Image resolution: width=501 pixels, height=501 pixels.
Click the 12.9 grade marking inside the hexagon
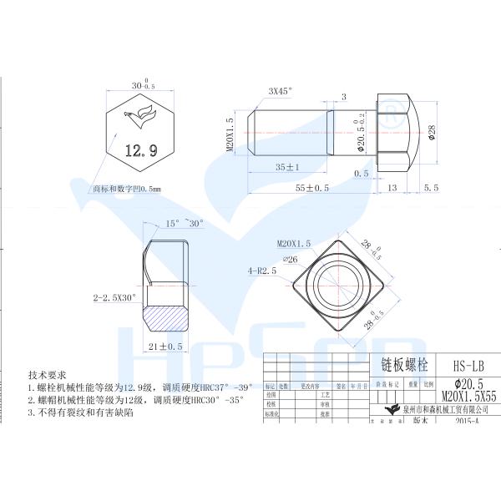[140, 151]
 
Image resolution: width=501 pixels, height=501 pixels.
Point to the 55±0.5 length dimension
[312, 188]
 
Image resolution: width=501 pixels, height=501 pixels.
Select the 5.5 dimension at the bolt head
[431, 188]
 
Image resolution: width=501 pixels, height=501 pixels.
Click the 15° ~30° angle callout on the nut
[183, 224]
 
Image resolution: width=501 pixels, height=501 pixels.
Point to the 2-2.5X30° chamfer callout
[114, 296]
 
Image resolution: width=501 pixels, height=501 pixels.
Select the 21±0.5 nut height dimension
[165, 346]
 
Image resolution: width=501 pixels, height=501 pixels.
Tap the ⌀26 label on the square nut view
[291, 258]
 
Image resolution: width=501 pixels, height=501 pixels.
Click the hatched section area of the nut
[167, 317]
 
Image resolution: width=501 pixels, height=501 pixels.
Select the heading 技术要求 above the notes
[48, 375]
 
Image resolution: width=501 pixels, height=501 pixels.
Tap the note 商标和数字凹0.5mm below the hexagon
[126, 190]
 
